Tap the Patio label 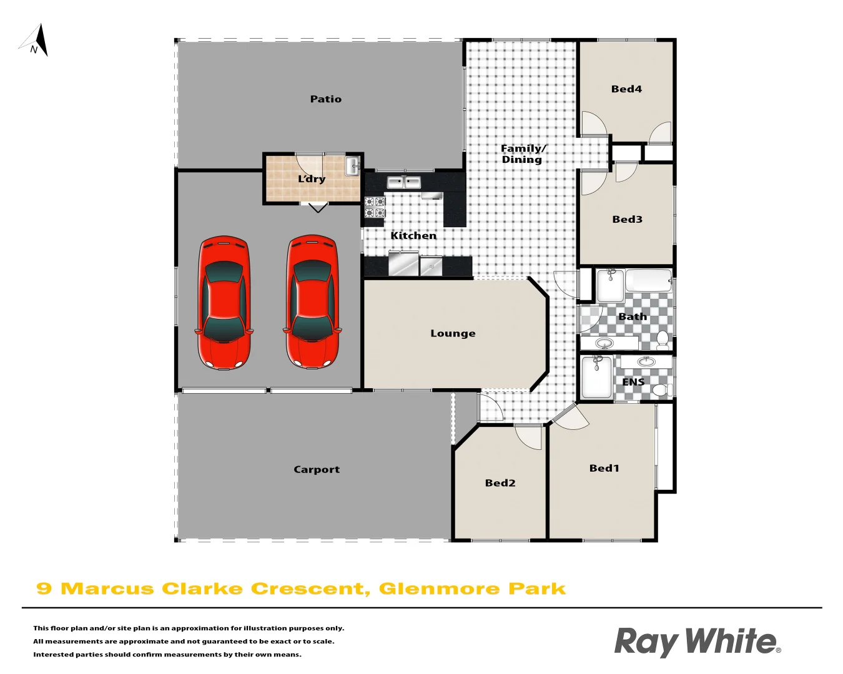click(325, 99)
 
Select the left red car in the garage click(225, 303)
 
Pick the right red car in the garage click(312, 303)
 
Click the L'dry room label click(312, 179)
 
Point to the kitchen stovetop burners click(375, 207)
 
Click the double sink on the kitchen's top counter click(404, 182)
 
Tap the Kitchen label click(413, 236)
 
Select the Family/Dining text click(523, 154)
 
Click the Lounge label click(453, 333)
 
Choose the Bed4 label click(626, 89)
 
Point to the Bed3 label click(627, 220)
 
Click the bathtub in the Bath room click(648, 281)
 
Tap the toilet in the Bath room click(663, 339)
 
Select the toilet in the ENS click(660, 391)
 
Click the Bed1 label click(604, 468)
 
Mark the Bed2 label click(500, 483)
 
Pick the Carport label click(317, 470)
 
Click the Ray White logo click(697, 642)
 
